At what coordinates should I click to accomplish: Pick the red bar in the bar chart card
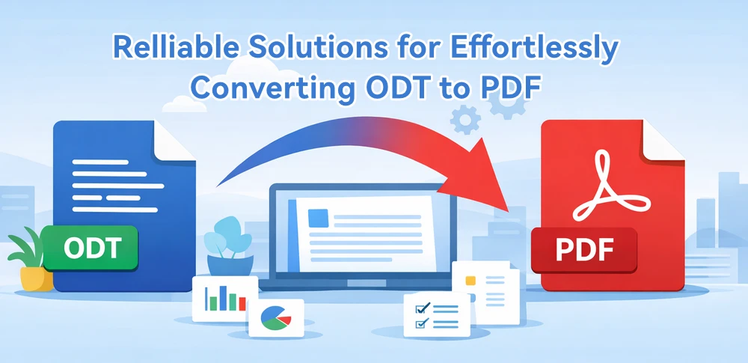click(x=242, y=302)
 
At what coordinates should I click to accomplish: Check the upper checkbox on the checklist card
click(x=420, y=308)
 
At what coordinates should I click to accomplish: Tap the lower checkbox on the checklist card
click(x=420, y=324)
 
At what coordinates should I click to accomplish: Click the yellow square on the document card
click(x=470, y=281)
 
